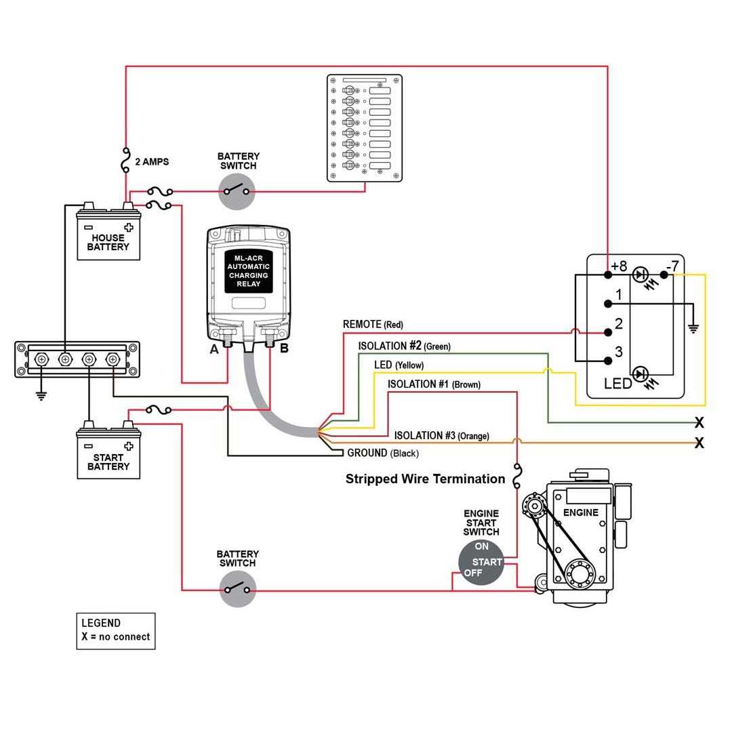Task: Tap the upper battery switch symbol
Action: (237, 191)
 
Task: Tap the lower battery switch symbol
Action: (237, 589)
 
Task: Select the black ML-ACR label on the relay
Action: (249, 270)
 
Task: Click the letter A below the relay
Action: (214, 349)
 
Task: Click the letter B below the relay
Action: (284, 349)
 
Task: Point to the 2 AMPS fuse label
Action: (152, 162)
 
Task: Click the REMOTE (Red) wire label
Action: (373, 325)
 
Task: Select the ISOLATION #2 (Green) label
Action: (404, 346)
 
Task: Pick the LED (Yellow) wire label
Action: (399, 365)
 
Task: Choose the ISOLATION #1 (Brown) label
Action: (434, 384)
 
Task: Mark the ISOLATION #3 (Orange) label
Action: (441, 436)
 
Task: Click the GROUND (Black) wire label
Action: (382, 453)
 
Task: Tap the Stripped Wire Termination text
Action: (425, 479)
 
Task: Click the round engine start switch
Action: (481, 562)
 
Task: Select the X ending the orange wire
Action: (699, 443)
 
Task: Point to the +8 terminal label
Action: (619, 266)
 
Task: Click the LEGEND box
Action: (115, 631)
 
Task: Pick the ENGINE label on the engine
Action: (581, 512)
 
